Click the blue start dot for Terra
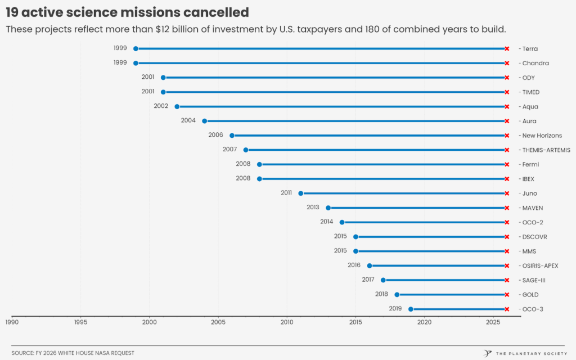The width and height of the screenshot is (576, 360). tap(136, 49)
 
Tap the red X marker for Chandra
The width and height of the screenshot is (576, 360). tap(507, 63)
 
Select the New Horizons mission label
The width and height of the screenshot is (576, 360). tap(542, 136)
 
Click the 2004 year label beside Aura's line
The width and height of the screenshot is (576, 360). tap(188, 120)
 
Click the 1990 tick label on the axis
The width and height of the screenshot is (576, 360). tap(12, 322)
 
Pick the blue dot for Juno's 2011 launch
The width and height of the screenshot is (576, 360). tap(300, 193)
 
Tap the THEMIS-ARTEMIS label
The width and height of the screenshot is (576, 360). tap(546, 150)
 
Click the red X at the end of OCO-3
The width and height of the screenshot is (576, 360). tap(507, 309)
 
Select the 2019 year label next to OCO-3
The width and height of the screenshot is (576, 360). tap(395, 308)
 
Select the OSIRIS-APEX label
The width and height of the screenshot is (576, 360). tap(540, 265)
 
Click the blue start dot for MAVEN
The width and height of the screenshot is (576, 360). tap(328, 208)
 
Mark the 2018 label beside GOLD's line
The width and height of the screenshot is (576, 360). tap(381, 294)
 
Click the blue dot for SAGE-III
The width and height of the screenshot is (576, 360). tap(383, 280)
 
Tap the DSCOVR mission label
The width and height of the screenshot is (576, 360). tap(534, 237)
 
